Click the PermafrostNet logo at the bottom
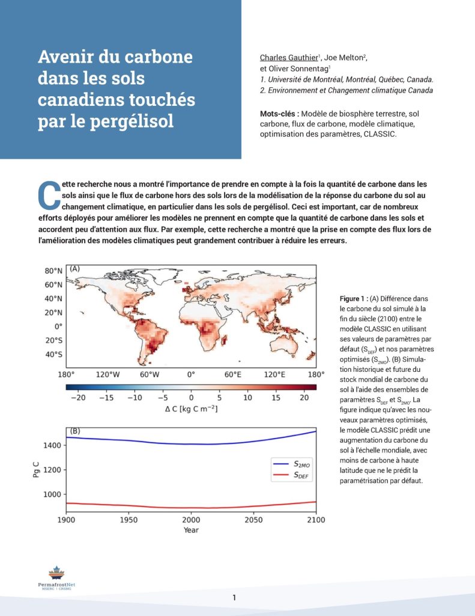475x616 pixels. [x=56, y=577]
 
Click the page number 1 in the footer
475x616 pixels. [x=234, y=597]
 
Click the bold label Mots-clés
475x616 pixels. [x=279, y=113]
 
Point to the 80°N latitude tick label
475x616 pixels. [x=55, y=271]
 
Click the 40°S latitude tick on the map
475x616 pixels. [x=55, y=354]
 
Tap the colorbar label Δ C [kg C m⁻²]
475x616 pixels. [x=191, y=409]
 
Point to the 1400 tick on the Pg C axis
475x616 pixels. [x=51, y=445]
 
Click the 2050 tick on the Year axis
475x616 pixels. [x=253, y=519]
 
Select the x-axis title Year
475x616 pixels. [x=191, y=530]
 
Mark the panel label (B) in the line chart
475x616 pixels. [x=76, y=431]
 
